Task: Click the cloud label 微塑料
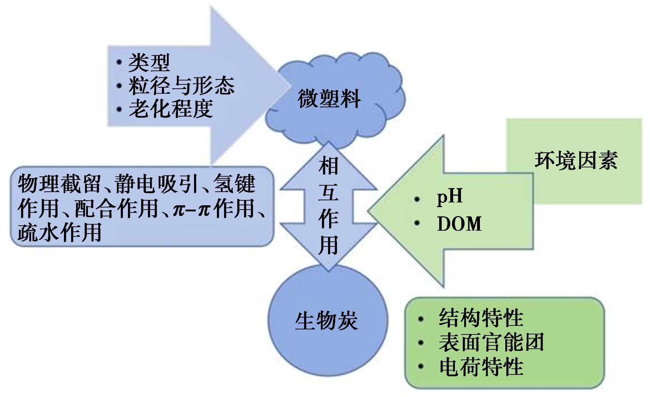pyautogui.click(x=329, y=99)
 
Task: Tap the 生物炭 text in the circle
pyautogui.click(x=326, y=321)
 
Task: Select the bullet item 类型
pyautogui.click(x=149, y=63)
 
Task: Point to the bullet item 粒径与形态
pyautogui.click(x=182, y=86)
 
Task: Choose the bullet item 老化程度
pyautogui.click(x=171, y=109)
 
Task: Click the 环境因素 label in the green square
pyautogui.click(x=576, y=160)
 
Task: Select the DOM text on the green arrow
pyautogui.click(x=459, y=224)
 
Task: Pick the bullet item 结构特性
pyautogui.click(x=481, y=318)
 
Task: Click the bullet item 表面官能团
pyautogui.click(x=491, y=342)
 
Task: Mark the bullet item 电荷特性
pyautogui.click(x=481, y=367)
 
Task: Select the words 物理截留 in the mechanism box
pyautogui.click(x=59, y=184)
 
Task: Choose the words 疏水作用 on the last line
pyautogui.click(x=59, y=232)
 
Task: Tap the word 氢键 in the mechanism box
pyautogui.click(x=234, y=184)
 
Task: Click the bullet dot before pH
pyautogui.click(x=417, y=199)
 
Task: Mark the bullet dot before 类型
pyautogui.click(x=119, y=63)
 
